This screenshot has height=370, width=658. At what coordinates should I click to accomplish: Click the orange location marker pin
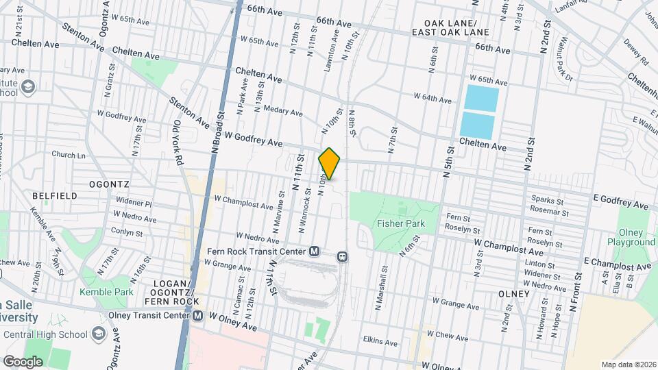click(330, 164)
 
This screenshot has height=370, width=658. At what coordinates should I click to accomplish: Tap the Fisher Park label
click(401, 223)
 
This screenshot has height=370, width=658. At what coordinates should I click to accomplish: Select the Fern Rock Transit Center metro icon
click(315, 251)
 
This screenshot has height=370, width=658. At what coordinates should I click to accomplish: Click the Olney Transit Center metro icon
click(197, 315)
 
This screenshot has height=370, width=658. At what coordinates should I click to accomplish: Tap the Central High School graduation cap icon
click(99, 334)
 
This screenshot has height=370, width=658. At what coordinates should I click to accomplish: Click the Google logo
click(22, 361)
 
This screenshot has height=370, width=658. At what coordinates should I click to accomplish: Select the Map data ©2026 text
click(628, 364)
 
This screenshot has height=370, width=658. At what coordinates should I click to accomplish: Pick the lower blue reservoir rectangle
click(477, 125)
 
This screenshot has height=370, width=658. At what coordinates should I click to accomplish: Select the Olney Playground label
click(631, 237)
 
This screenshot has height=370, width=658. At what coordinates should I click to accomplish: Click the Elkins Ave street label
click(380, 341)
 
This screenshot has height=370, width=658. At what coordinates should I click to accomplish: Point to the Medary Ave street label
click(287, 112)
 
